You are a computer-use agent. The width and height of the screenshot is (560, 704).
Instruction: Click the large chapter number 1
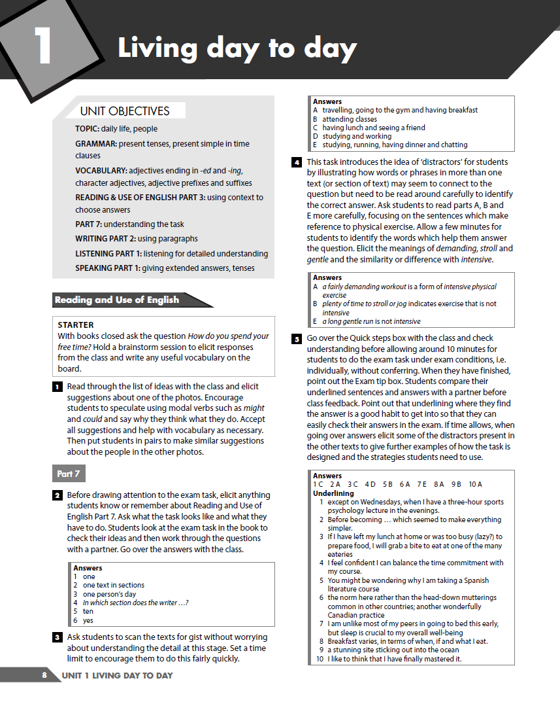coord(43,46)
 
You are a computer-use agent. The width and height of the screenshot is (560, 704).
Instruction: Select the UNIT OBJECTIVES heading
coord(124,111)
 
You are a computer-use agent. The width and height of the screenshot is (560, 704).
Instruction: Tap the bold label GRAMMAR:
coord(96,143)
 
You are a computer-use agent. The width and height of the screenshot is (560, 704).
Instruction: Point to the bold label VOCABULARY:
coord(101,170)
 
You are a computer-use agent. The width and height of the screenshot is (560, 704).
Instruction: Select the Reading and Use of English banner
coord(118,300)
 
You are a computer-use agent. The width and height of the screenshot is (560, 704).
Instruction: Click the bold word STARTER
coord(75,325)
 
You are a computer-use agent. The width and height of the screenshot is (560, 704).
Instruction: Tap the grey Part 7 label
coord(68,474)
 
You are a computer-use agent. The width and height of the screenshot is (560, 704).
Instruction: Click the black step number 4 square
coord(297,162)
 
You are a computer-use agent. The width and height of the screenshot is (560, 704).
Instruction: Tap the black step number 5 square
coord(297,338)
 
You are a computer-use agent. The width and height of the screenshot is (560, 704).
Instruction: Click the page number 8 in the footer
coord(44,675)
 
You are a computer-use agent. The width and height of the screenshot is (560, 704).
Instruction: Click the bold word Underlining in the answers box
coord(333,493)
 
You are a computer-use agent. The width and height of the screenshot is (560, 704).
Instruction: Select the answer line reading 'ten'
coord(88,611)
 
